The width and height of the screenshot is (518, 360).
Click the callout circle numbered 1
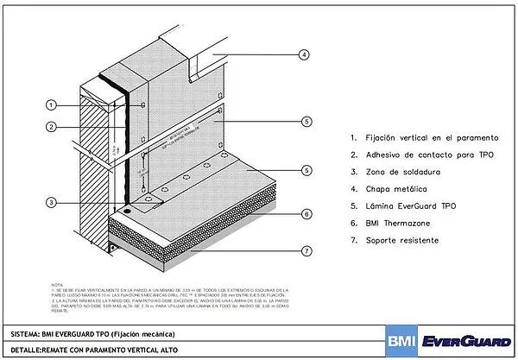(x=51, y=105)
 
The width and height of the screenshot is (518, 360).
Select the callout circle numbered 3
(x=51, y=203)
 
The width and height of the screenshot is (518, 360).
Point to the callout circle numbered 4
(x=303, y=54)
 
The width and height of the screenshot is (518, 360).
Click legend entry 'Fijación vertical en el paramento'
(x=429, y=137)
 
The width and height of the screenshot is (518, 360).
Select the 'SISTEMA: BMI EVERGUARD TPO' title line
(x=66, y=333)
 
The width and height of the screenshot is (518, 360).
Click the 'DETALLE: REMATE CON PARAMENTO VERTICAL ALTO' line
(x=95, y=351)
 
